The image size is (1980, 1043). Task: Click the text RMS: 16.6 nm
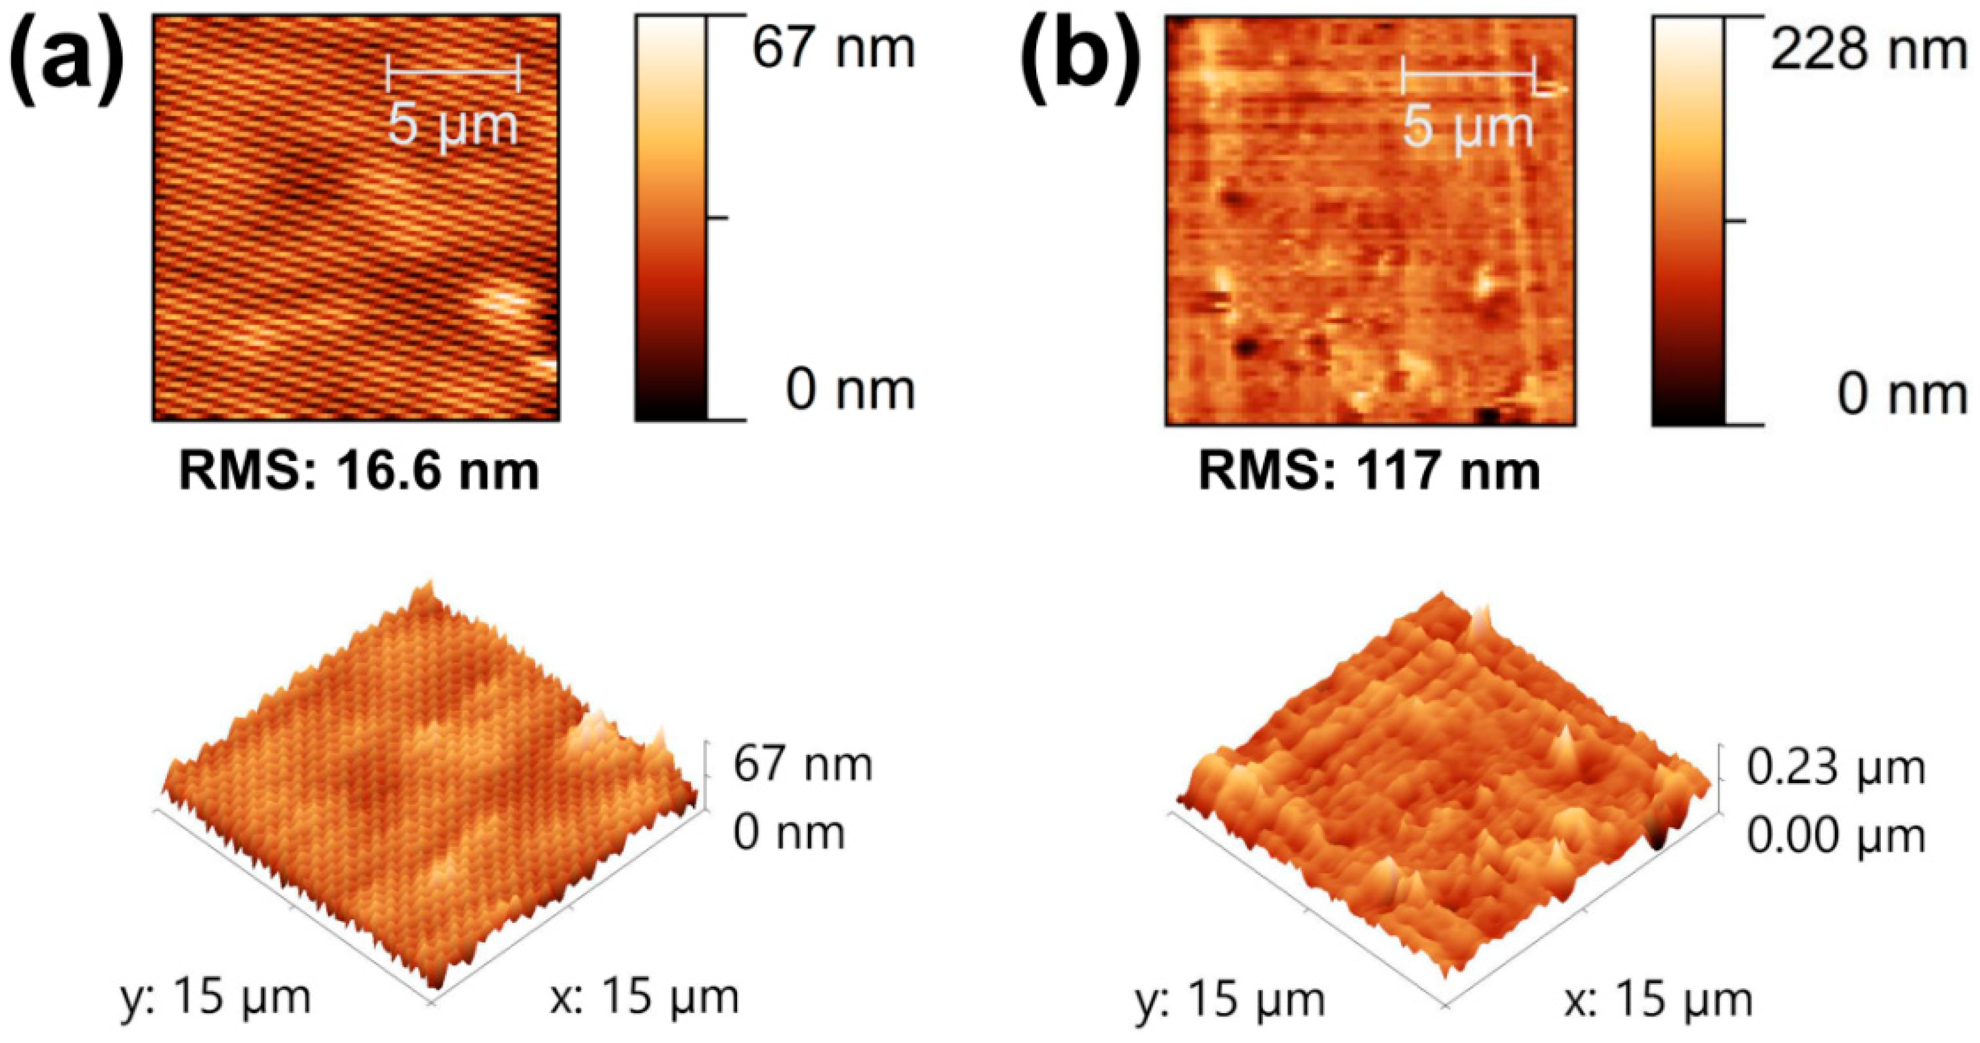[x=359, y=471]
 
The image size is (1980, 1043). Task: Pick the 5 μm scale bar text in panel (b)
[x=1468, y=127]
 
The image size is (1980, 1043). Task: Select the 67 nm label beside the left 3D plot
[x=803, y=765]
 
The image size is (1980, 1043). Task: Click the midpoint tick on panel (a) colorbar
[x=717, y=218]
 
